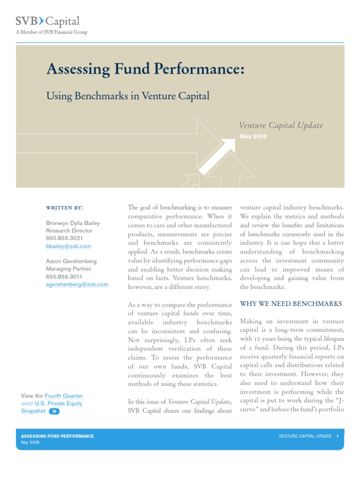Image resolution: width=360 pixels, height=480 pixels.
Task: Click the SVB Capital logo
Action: [x=47, y=21]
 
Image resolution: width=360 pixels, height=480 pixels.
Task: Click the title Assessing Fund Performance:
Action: [x=145, y=69]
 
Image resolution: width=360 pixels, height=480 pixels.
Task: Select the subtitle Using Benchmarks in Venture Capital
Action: [x=127, y=96]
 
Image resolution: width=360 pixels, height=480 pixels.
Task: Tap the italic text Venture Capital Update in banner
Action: [x=281, y=125]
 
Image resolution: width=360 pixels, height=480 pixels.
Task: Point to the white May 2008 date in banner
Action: [x=253, y=136]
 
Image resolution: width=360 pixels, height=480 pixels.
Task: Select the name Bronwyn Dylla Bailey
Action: [x=73, y=223]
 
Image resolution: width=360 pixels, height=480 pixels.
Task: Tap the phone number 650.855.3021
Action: [x=64, y=238]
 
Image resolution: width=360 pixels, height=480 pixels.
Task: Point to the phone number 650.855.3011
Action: [x=64, y=277]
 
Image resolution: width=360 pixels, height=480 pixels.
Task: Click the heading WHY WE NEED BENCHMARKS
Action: [x=291, y=304]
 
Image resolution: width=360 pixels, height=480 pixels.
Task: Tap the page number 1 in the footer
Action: [x=337, y=436]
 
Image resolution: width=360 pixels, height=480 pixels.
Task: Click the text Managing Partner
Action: [x=68, y=269]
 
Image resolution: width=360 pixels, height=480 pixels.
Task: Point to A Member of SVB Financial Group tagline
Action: [x=52, y=32]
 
